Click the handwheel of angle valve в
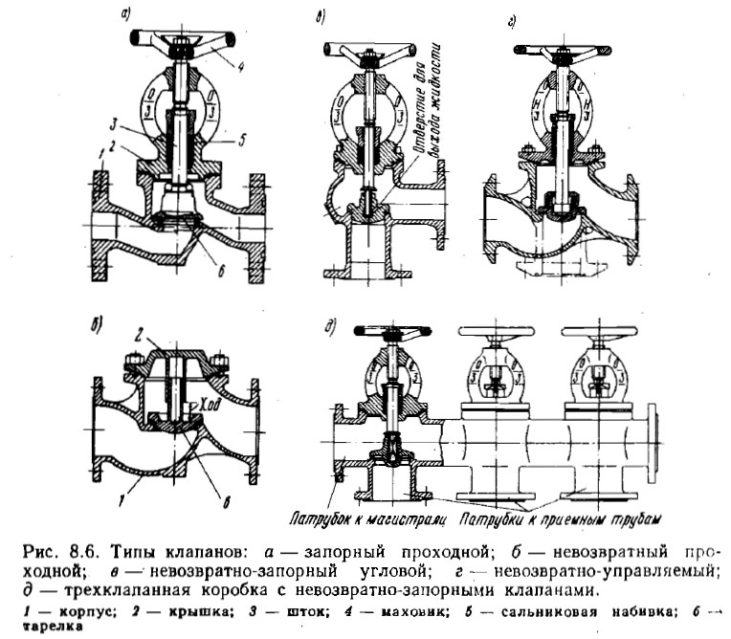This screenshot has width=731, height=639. pyautogui.click(x=368, y=50)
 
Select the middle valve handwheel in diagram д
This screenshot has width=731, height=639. pyautogui.click(x=494, y=332)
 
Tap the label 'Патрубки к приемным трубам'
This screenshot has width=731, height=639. pyautogui.click(x=559, y=519)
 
